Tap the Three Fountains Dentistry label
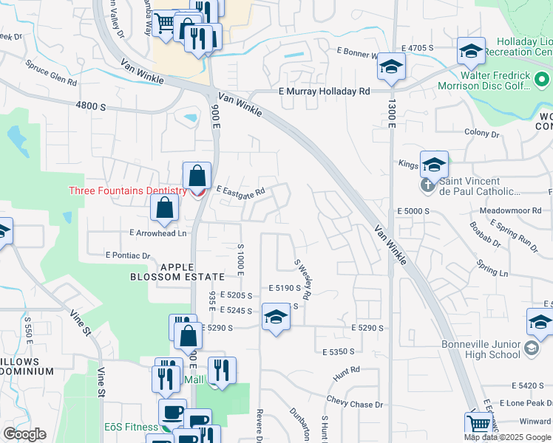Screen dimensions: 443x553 coord(128,190)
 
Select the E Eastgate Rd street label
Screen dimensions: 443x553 coord(240,191)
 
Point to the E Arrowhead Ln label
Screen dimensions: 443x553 coord(157,233)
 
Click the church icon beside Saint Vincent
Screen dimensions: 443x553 coord(428,186)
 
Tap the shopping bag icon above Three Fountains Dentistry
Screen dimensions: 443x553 coord(197,176)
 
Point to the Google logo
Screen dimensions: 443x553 coord(24,434)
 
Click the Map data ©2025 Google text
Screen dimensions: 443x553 coord(508,437)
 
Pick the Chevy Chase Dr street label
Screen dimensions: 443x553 coord(356,403)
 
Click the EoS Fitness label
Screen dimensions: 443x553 coord(130,427)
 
